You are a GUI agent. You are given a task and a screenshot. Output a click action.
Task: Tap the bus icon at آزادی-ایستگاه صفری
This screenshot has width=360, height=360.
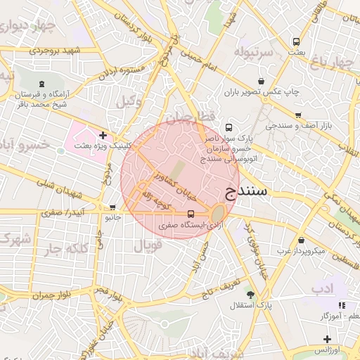pos(192,214)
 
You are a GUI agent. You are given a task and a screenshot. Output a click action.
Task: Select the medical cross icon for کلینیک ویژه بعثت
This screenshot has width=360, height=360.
pos(103,134)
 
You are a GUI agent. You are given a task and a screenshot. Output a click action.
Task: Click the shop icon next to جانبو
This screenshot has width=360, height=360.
pos(112,207)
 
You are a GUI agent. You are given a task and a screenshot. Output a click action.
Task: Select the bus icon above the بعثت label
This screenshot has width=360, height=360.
pos(296,41)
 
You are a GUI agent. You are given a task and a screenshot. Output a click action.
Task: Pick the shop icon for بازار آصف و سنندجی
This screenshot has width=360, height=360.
pos(298,115)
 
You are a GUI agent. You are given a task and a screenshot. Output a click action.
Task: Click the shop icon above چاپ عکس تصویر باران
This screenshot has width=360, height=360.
pos(262,81)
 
